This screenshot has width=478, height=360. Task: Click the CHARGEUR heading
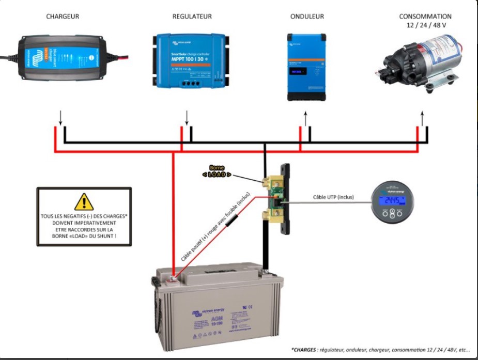coord(63,17)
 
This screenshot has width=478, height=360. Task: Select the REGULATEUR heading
coord(192,17)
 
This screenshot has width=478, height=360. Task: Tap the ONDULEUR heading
coord(307,17)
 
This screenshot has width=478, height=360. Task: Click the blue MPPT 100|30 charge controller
coord(192,61)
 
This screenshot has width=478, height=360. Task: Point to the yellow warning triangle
coord(84,202)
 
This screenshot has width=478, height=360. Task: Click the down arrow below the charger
coord(60,118)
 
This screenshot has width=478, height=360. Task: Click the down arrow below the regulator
coord(187,118)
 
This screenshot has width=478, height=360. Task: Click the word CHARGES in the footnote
coord(304,350)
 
